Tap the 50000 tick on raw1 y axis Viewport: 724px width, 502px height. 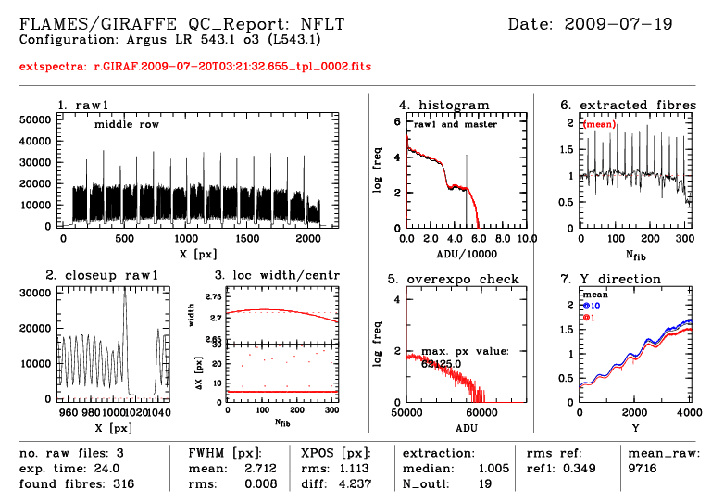click(35, 119)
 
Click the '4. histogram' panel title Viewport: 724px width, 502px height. click(444, 105)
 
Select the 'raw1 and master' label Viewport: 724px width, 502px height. click(455, 124)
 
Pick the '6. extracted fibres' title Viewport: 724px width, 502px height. click(629, 105)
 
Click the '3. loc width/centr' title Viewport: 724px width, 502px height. click(277, 275)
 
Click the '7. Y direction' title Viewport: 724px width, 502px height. click(611, 279)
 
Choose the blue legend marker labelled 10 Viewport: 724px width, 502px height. click(586, 306)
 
